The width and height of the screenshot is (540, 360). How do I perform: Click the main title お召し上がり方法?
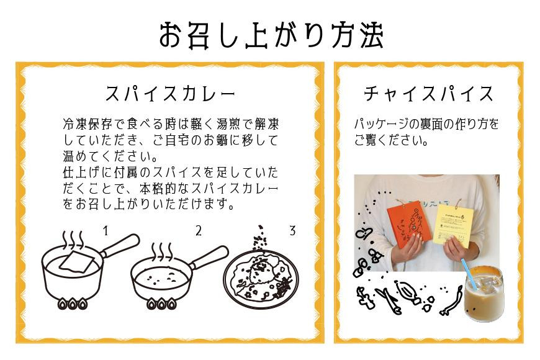271,35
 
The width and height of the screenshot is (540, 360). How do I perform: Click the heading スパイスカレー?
170,93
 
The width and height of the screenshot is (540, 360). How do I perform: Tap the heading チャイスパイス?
428,93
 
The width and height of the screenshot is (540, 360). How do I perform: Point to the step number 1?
106,230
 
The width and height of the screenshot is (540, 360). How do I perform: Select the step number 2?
199,230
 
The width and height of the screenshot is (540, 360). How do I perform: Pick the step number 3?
292,230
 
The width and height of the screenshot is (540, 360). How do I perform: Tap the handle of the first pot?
120,245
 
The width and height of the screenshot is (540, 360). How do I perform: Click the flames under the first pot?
72,304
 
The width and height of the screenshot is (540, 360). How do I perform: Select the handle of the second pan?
209,257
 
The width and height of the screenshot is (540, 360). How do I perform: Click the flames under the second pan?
161,304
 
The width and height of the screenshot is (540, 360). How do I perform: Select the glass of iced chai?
483,293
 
